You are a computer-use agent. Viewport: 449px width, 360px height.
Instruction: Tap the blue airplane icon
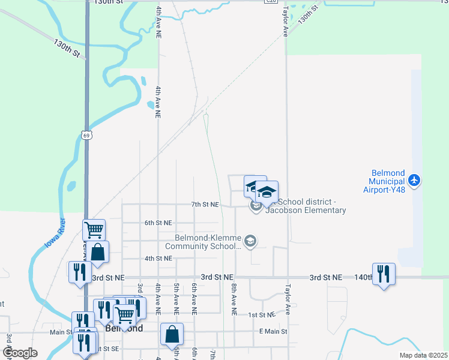coord(414,179)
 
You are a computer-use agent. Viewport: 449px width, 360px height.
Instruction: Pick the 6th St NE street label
coord(158,223)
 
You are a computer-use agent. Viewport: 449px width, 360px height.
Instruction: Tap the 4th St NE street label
coord(158,258)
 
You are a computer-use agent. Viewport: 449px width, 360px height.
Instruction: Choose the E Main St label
coord(273,331)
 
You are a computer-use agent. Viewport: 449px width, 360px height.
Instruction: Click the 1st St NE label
coord(261,314)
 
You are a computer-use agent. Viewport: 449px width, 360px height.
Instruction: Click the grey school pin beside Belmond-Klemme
coord(251,241)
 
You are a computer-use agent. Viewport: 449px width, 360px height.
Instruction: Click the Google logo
coord(20,353)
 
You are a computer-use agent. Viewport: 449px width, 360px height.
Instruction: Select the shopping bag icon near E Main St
coord(172,334)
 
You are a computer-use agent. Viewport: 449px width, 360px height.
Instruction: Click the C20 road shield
coord(272,1)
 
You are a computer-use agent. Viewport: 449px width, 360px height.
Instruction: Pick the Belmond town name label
coord(124,329)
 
